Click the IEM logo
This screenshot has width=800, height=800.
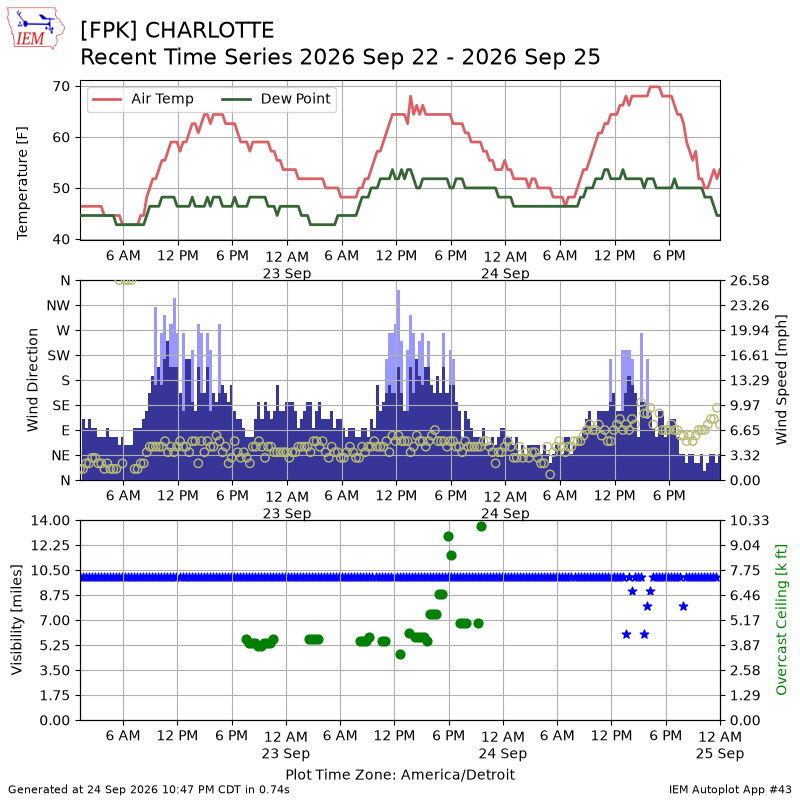click(x=35, y=28)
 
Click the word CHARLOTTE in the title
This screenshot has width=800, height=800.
click(x=209, y=30)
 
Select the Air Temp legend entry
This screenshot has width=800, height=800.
click(x=142, y=98)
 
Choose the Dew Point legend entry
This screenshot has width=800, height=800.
click(x=276, y=98)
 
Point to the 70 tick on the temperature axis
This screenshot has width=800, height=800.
click(x=61, y=86)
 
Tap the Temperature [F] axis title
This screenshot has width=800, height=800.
click(x=22, y=183)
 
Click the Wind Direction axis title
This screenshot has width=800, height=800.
click(x=33, y=380)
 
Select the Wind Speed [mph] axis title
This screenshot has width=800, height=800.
click(x=781, y=380)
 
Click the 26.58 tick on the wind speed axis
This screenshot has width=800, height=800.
click(x=749, y=281)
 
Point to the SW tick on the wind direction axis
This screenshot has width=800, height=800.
click(x=59, y=356)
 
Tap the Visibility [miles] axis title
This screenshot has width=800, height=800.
click(x=17, y=620)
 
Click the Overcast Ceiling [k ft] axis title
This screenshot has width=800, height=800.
click(x=781, y=620)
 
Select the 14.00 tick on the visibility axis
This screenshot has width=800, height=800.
click(x=50, y=520)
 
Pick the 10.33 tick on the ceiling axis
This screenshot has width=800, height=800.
click(x=749, y=520)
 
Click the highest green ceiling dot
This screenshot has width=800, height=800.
click(x=481, y=527)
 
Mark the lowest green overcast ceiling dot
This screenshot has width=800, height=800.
click(x=401, y=655)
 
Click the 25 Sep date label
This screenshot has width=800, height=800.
click(x=720, y=753)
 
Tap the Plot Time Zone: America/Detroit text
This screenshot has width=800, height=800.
click(x=400, y=774)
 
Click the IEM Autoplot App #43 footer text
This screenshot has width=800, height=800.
click(x=730, y=790)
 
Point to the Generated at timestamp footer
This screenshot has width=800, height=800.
click(x=149, y=790)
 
